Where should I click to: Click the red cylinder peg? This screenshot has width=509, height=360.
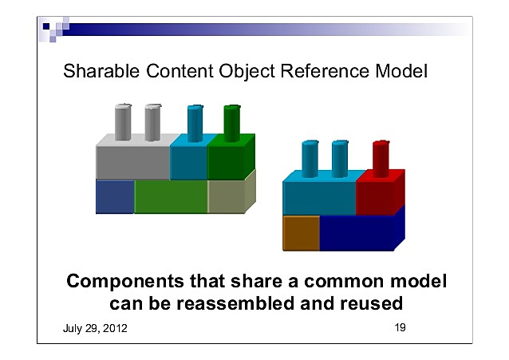pos(381,156)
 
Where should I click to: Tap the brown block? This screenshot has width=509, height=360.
pos(301,232)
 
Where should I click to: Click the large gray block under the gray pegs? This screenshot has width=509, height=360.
pos(133,162)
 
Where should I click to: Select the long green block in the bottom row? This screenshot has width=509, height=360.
pos(171,197)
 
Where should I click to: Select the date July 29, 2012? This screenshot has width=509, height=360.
pos(94,329)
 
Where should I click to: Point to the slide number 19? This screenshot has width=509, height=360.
pos(400,327)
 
